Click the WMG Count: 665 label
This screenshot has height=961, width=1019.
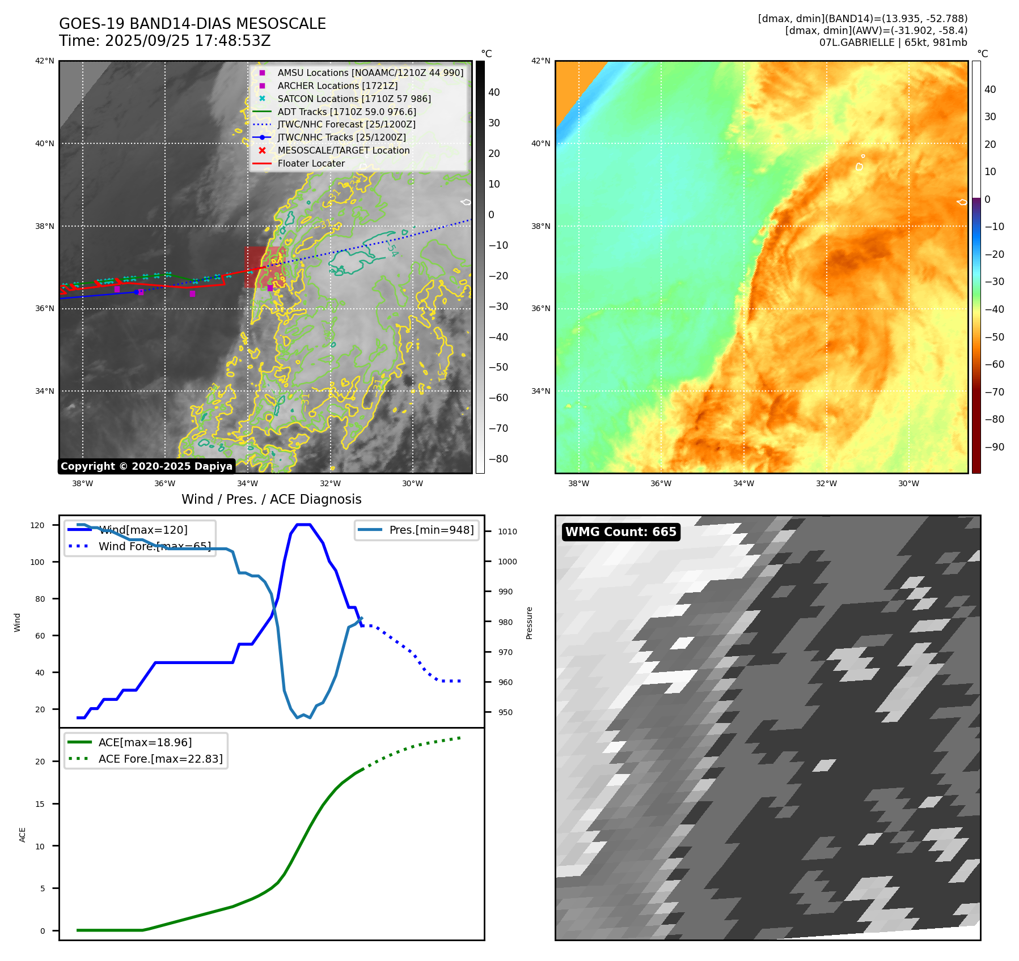[x=620, y=532]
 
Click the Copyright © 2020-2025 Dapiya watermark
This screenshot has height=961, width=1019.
[x=146, y=466]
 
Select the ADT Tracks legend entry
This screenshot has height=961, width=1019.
[x=346, y=112]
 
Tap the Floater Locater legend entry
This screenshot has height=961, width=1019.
[x=311, y=163]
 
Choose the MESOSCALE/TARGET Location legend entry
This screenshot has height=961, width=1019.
[x=343, y=150]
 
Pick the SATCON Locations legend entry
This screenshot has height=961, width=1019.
[x=354, y=99]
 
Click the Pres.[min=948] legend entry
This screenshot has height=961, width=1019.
[x=431, y=530]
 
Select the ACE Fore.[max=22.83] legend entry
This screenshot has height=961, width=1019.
[x=160, y=759]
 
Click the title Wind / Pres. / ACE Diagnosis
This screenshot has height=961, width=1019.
[x=271, y=499]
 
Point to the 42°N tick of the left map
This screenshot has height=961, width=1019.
[x=45, y=61]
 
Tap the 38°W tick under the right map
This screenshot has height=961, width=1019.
[x=578, y=483]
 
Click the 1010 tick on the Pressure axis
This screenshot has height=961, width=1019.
[x=508, y=531]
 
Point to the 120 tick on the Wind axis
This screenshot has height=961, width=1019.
[x=37, y=525]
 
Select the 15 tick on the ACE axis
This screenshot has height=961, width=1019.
[x=40, y=804]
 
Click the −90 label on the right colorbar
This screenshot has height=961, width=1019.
[x=994, y=447]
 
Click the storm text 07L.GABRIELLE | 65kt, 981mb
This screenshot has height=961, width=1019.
[x=893, y=42]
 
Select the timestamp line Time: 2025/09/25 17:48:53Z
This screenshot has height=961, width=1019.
[x=164, y=41]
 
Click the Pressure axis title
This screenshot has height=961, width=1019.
[x=530, y=623]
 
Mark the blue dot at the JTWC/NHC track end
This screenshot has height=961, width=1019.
[x=136, y=292]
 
